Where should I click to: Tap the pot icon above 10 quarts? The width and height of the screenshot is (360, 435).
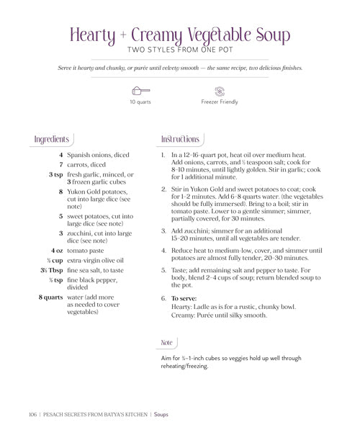coord(140,91)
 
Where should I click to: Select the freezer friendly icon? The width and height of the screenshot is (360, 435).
coord(220,91)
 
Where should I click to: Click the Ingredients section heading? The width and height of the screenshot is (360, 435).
coord(52,139)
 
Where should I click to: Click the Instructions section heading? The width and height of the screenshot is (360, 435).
coord(180,139)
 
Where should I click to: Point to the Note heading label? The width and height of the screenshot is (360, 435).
coord(166,343)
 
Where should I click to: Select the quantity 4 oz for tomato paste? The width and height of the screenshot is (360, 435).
coord(55,250)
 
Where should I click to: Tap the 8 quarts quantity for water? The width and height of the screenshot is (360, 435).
coord(50,297)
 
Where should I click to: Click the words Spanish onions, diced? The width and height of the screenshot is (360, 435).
coord(98,155)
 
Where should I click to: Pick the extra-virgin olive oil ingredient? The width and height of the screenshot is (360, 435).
coord(96,260)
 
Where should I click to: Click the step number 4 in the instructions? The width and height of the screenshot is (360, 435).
coord(163,251)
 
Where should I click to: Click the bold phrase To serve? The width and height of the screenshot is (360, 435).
coord(184,298)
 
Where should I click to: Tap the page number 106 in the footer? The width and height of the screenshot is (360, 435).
coord(32,414)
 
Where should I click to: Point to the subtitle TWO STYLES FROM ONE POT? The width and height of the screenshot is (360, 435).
coord(180,50)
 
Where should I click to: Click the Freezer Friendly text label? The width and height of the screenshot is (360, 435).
coord(220,102)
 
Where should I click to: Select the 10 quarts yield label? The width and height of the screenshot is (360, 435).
coord(140,102)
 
